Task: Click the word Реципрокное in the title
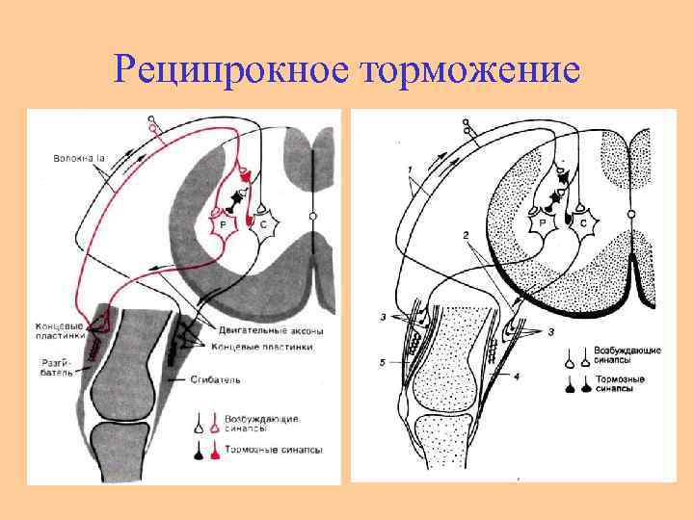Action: click(x=231, y=69)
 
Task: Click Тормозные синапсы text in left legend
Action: click(x=274, y=450)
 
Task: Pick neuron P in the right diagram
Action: click(x=543, y=222)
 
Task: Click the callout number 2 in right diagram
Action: click(x=465, y=235)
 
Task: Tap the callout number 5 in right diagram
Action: click(x=383, y=362)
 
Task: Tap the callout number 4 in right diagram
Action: click(x=517, y=376)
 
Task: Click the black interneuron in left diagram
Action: click(x=233, y=199)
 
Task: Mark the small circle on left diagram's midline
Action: click(x=313, y=217)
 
